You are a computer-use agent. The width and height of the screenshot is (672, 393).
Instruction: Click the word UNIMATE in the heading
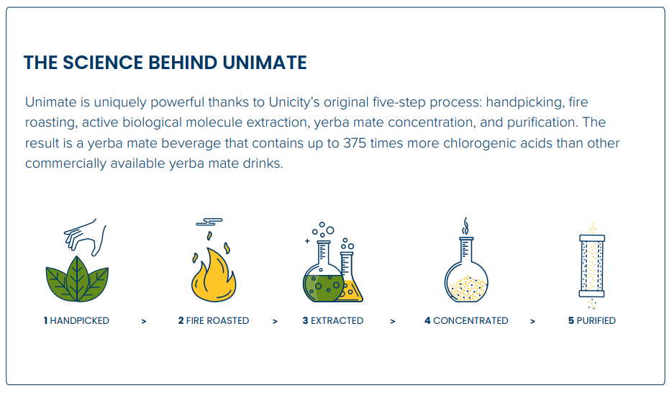click(265, 63)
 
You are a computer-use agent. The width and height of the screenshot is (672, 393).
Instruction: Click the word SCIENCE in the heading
click(104, 63)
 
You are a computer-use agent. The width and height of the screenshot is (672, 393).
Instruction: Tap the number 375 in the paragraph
click(355, 143)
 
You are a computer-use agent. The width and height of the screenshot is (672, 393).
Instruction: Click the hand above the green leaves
click(86, 237)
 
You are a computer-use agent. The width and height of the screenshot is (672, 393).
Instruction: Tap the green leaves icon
click(77, 279)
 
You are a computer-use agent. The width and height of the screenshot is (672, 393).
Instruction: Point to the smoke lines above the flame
click(209, 222)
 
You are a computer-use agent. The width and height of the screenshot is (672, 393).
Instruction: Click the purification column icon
click(592, 266)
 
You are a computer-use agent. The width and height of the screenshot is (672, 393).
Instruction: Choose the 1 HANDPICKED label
click(76, 320)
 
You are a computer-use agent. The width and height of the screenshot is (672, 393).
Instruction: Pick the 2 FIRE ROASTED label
click(214, 320)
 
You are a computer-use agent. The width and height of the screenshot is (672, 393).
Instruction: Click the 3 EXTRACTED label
click(333, 320)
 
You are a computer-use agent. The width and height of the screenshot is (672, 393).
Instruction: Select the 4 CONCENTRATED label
click(466, 320)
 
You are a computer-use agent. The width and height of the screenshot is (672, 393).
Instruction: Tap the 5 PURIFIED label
click(592, 320)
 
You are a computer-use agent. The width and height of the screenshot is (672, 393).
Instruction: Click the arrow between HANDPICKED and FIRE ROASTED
click(144, 322)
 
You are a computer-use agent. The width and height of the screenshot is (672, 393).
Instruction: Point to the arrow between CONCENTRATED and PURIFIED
click(532, 322)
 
